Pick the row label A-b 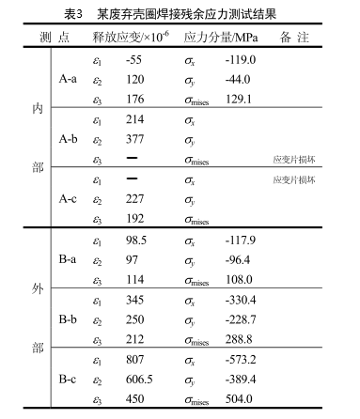click(x=68, y=139)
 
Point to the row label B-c click(x=68, y=380)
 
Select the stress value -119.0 click(x=242, y=60)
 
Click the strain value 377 click(x=134, y=139)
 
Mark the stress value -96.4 click(x=241, y=259)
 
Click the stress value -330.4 click(x=243, y=300)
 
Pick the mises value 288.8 click(x=243, y=340)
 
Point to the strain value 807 click(x=134, y=360)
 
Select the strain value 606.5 click(x=139, y=380)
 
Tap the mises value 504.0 click(x=243, y=400)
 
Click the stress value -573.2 click(x=243, y=360)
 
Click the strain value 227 click(x=134, y=199)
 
